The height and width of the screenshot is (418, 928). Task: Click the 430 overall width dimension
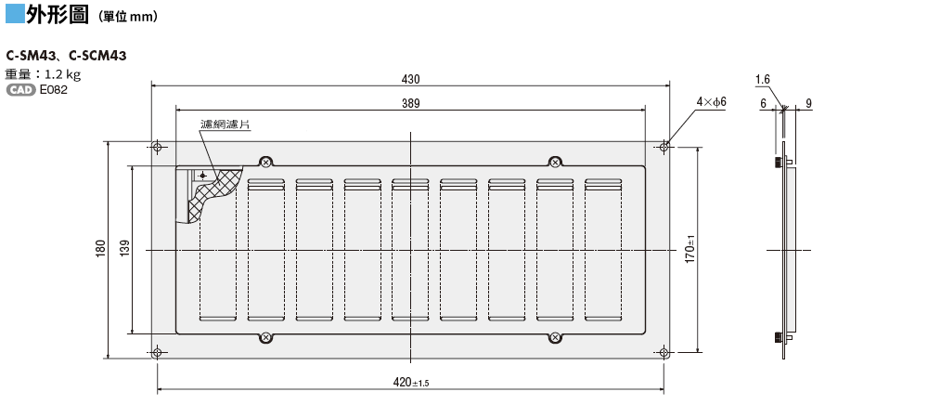tap(410, 80)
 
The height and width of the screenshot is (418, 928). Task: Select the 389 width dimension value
tap(410, 104)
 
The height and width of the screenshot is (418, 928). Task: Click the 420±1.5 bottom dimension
tap(411, 382)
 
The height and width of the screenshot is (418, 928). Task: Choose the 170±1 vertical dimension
tap(690, 248)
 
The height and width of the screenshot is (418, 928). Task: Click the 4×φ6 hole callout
tap(711, 102)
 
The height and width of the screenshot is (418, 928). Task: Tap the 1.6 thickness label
tap(762, 80)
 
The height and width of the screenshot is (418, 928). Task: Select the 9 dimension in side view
tap(808, 104)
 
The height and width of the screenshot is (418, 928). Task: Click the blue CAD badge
tap(20, 90)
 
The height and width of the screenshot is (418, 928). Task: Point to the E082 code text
tap(53, 90)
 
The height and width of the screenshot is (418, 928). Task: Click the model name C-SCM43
tap(97, 56)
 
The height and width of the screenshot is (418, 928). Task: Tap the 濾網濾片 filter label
tap(225, 124)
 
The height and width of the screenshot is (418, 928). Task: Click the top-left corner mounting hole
tap(157, 147)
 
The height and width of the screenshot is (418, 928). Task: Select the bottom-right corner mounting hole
tap(664, 354)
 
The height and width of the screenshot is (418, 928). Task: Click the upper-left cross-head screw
tap(265, 162)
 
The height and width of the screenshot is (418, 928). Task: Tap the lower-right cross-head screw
tap(555, 337)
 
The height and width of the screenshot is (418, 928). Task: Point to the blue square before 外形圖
tap(15, 14)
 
